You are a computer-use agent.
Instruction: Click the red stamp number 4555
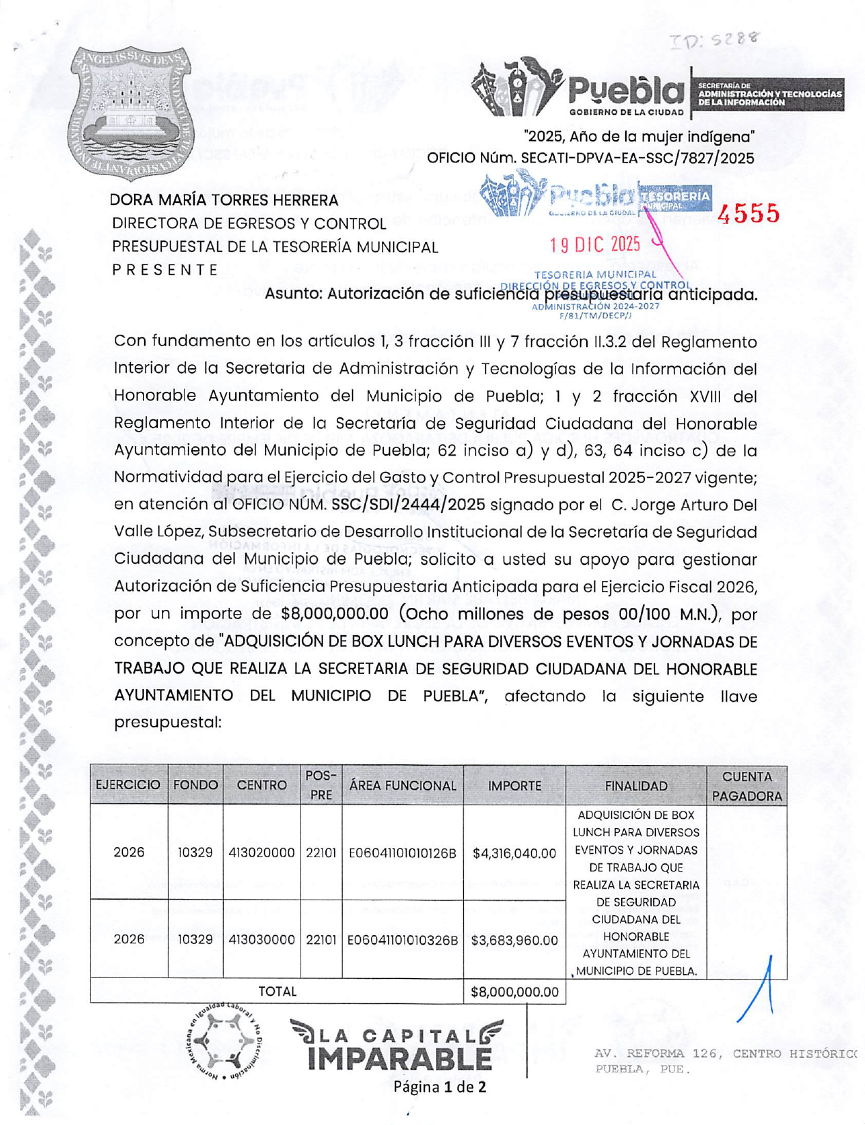pos(748,214)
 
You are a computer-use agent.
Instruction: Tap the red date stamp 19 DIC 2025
pos(595,245)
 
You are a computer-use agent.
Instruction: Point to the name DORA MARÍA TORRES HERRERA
pos(224,200)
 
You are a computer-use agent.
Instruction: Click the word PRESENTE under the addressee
pos(165,270)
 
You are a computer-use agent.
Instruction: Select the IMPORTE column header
pos(514,786)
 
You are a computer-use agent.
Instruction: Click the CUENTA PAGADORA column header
pos(747,786)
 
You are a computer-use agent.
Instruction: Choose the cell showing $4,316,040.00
pos(514,853)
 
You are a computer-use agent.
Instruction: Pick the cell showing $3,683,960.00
pos(514,941)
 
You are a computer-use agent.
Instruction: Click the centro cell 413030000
pos(262,940)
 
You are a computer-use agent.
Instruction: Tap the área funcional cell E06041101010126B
pos(402,853)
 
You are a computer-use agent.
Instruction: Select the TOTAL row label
pos(277,991)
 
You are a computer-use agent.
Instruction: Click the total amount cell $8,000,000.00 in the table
pos(514,992)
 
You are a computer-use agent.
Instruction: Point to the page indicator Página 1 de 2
pos(439,1086)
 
